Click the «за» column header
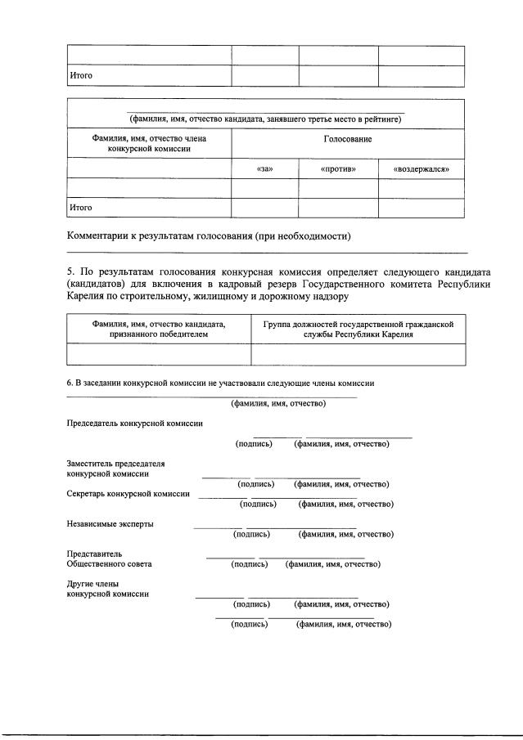(264, 169)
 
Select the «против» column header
(337, 169)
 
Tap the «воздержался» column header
(421, 169)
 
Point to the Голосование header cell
(348, 140)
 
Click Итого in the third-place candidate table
(80, 208)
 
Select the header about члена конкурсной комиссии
(149, 144)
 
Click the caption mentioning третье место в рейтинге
(265, 119)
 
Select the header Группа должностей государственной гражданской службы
(358, 330)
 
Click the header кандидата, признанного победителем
(159, 330)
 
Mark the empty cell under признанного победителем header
(159, 354)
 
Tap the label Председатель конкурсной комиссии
(135, 424)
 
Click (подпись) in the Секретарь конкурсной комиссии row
(258, 504)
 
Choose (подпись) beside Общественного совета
(250, 564)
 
